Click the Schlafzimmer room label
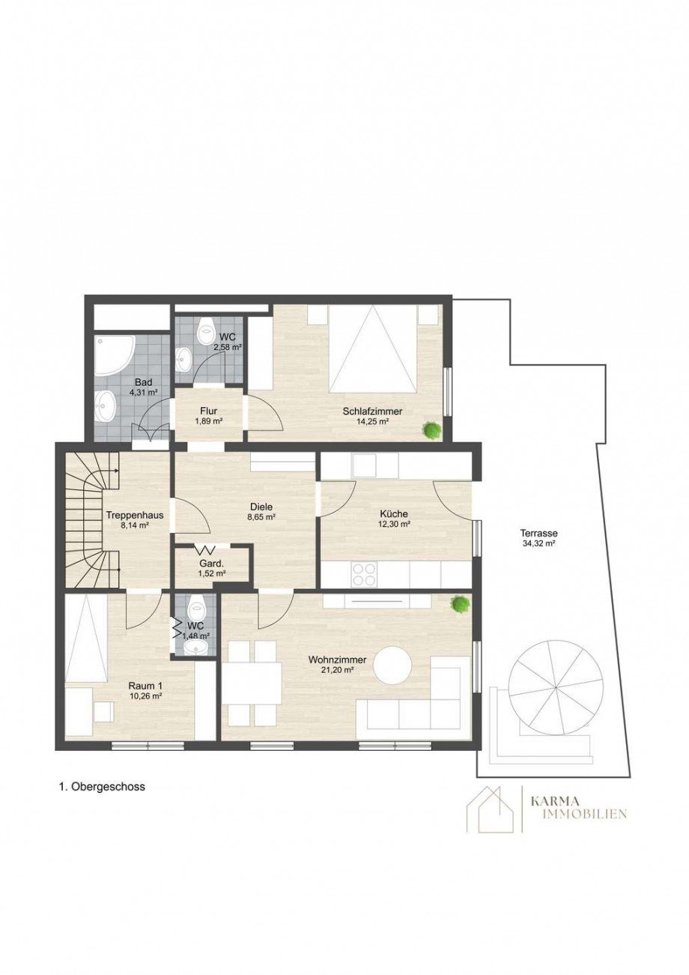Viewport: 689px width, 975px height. (372, 411)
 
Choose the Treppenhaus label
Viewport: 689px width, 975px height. (135, 516)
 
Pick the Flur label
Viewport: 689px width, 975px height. (209, 411)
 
